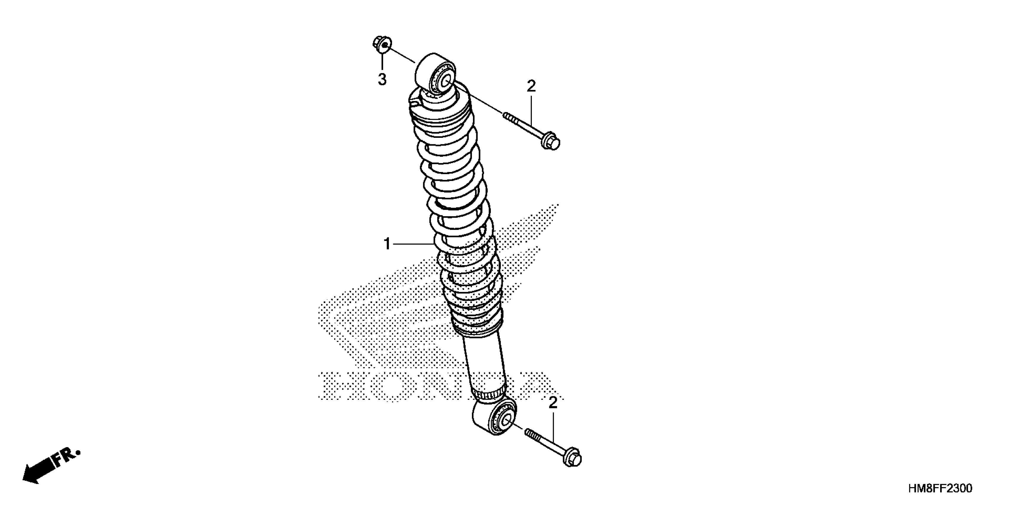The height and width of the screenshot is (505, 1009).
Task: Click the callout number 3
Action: coord(382,80)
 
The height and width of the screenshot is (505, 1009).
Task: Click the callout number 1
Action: coord(387,244)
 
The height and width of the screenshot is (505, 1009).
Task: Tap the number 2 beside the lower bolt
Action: coord(553,403)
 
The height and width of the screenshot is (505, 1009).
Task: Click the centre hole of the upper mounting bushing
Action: coord(446,82)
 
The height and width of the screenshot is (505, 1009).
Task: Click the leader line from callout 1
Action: coord(413,244)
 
